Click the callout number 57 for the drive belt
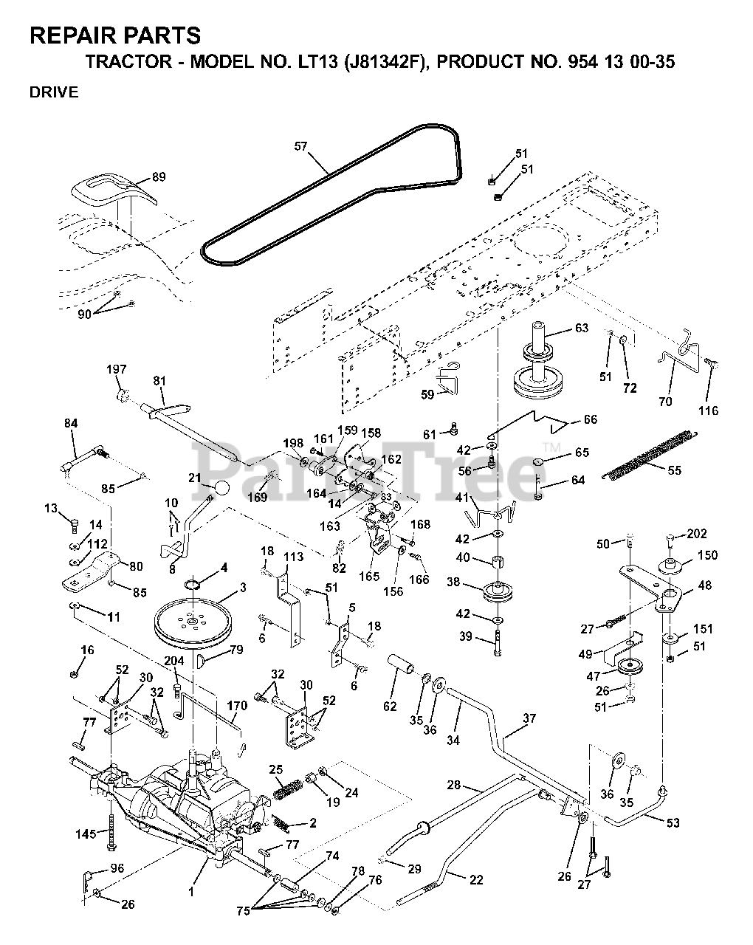point(300,147)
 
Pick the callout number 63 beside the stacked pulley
point(582,328)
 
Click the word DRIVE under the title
point(53,92)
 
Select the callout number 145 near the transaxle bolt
point(86,834)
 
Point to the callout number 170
point(237,706)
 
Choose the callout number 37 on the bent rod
point(529,718)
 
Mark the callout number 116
point(708,410)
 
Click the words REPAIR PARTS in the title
point(114,35)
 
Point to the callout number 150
point(706,555)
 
